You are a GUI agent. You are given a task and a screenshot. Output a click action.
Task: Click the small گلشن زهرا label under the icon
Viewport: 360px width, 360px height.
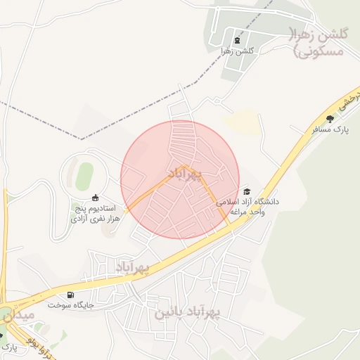(x=237, y=51)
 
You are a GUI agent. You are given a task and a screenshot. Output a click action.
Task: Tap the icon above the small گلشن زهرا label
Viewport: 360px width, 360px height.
(x=236, y=40)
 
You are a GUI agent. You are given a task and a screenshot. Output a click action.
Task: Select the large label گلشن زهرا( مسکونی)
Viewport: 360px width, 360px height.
(x=316, y=42)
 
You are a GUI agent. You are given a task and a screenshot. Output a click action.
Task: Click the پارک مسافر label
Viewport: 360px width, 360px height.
(x=330, y=129)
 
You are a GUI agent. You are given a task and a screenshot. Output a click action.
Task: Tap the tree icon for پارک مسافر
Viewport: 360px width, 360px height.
(x=330, y=119)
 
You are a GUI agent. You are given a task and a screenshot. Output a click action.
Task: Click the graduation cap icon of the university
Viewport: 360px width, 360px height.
(x=246, y=191)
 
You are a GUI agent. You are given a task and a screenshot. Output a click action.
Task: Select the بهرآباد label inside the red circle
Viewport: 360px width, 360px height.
(x=185, y=172)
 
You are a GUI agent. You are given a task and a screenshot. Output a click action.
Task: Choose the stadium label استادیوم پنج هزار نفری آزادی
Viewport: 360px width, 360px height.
(x=95, y=214)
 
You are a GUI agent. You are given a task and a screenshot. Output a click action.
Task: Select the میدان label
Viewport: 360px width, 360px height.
(x=17, y=316)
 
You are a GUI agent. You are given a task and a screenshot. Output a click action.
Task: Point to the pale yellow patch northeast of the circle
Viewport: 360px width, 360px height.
(x=243, y=121)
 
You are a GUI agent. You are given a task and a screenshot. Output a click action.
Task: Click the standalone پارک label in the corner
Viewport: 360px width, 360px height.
(x=8, y=347)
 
